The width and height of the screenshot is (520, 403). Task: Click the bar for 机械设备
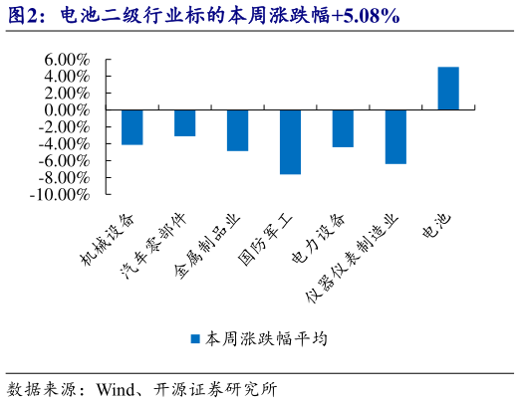(131, 127)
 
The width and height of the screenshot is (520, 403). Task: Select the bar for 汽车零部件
(184, 122)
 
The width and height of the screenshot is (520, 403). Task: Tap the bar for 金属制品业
(237, 130)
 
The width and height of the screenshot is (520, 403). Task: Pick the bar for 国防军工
(290, 141)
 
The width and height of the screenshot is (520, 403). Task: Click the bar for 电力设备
(343, 128)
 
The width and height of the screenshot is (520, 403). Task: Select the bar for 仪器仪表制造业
(395, 136)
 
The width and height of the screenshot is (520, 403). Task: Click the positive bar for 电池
(448, 89)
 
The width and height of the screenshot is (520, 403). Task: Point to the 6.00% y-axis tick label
(67, 60)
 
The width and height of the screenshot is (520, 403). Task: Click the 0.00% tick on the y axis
(67, 110)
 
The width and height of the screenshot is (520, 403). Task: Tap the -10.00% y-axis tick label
(62, 195)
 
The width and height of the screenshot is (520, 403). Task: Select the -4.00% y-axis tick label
(65, 144)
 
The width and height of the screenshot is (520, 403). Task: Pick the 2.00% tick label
(67, 94)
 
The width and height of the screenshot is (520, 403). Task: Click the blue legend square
(196, 338)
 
